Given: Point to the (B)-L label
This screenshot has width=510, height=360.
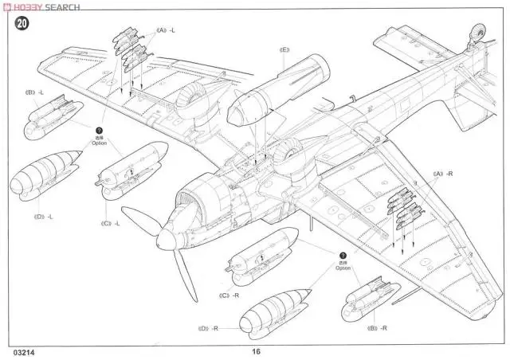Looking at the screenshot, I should (34, 92).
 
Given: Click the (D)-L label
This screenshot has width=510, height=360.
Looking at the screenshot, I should (43, 215).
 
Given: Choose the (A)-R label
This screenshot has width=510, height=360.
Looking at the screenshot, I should (443, 173).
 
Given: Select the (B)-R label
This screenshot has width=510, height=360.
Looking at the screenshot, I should (378, 328).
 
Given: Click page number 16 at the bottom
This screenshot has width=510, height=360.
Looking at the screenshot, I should (256, 350).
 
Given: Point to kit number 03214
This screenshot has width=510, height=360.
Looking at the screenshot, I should (23, 350).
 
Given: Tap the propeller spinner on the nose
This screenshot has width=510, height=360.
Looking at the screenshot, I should (168, 236).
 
